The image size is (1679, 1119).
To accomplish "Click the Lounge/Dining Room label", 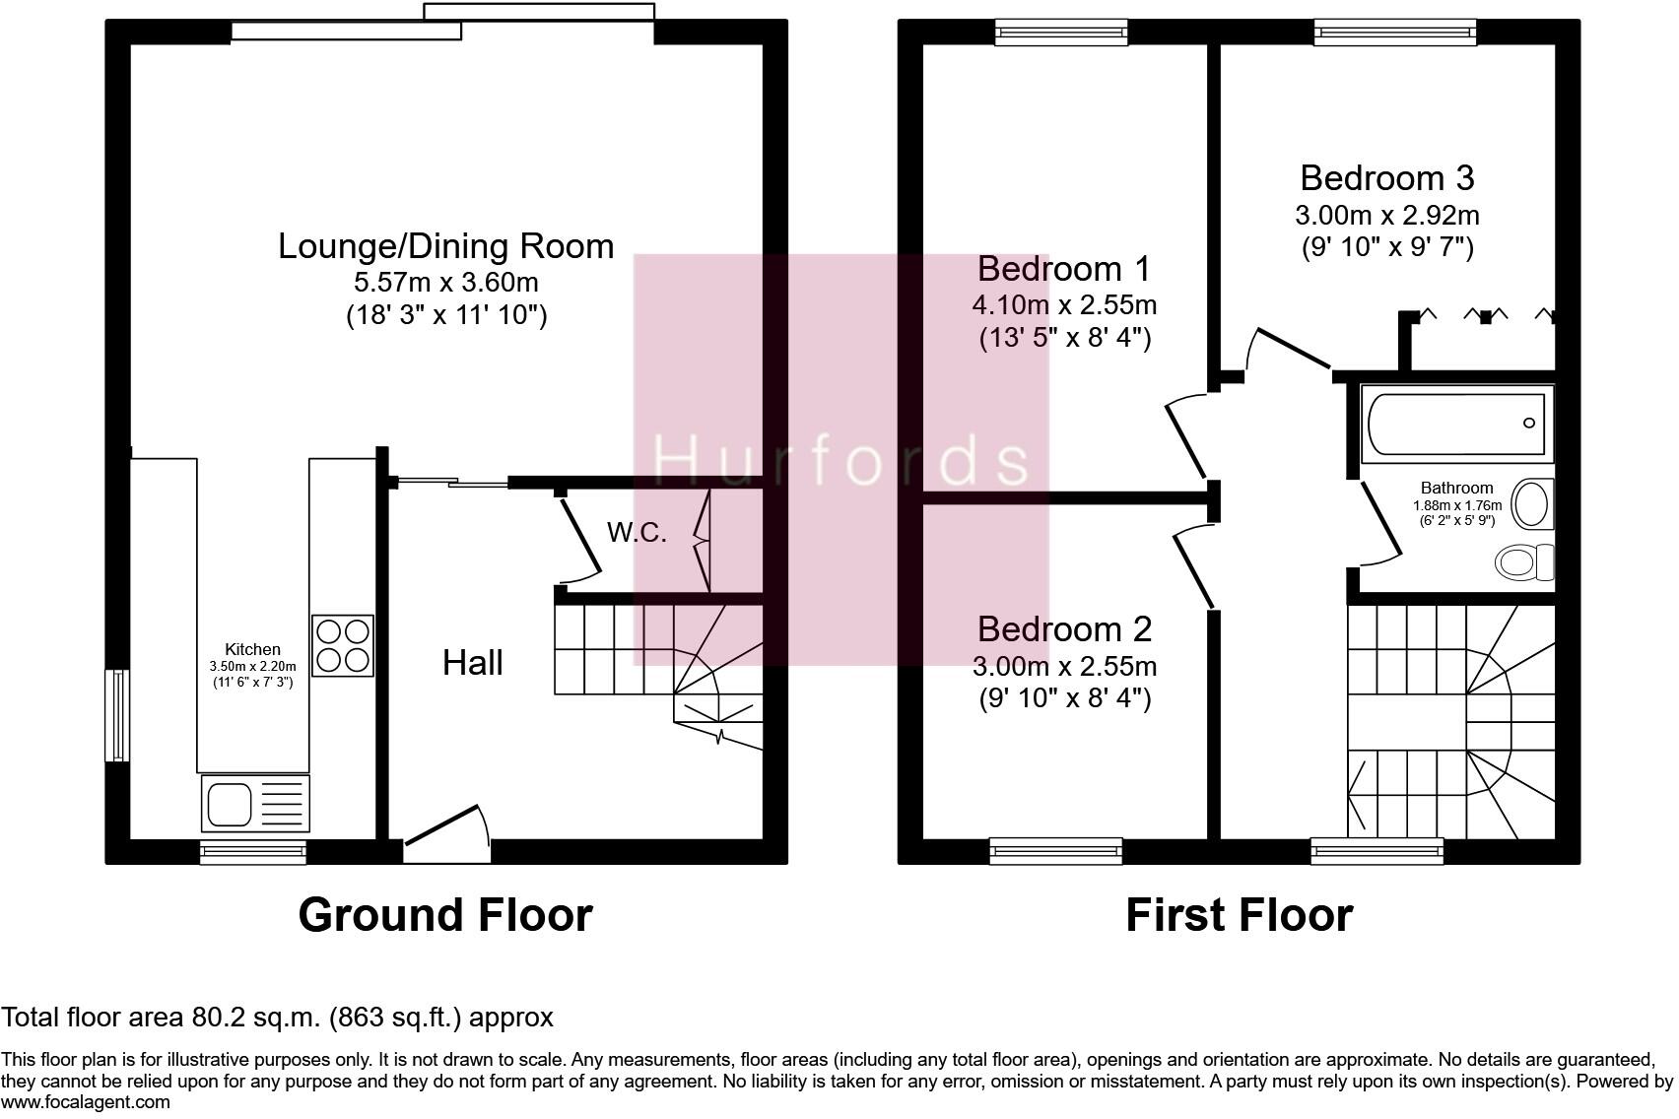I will tap(445, 246).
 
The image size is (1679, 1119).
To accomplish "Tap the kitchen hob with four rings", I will tap(343, 645).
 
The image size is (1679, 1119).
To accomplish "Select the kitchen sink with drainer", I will tap(255, 802).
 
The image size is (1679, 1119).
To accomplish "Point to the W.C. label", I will tap(637, 533).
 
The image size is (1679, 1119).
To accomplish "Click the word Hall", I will tap(472, 663).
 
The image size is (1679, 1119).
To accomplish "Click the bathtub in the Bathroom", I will tap(1455, 424).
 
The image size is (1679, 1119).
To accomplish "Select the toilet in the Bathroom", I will tap(1521, 562).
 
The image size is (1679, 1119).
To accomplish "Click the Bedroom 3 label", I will tap(1386, 178).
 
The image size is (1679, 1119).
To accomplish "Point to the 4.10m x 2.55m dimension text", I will tap(1064, 305).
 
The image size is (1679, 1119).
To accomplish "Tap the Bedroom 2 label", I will tap(1064, 629).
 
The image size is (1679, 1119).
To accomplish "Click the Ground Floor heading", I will tap(445, 915).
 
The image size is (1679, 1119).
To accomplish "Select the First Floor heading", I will tap(1239, 915).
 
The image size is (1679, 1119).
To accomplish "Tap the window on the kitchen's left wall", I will tap(117, 715).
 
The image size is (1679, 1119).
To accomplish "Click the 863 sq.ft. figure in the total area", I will tap(395, 1018).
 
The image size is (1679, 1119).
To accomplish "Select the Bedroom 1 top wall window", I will tap(1061, 33).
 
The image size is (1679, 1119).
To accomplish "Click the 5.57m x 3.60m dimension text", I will tap(445, 283).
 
